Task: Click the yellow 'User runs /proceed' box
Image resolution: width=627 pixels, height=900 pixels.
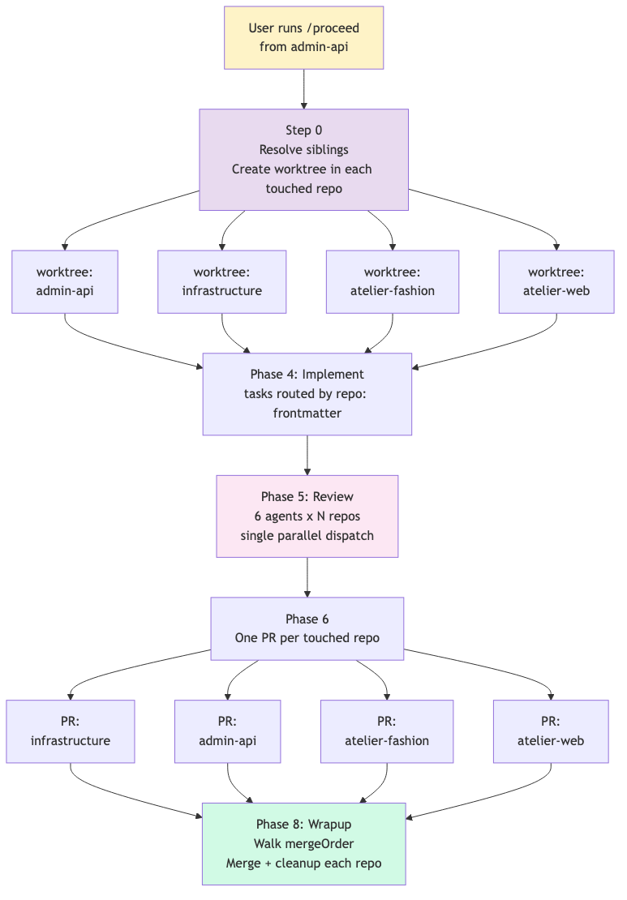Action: (303, 38)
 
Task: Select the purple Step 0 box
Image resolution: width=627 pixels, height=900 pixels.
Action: (303, 160)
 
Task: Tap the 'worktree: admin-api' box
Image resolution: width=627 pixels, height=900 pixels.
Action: (65, 282)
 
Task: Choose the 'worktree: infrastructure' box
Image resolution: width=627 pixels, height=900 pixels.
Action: (221, 282)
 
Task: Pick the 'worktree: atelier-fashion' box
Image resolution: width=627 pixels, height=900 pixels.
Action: (393, 282)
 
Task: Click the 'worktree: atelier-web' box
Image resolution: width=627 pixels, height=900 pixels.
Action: (556, 282)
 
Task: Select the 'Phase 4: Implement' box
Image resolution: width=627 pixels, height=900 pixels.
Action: (307, 394)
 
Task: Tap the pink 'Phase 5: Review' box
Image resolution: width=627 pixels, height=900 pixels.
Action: (307, 516)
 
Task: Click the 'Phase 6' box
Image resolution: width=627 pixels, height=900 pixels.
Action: (307, 628)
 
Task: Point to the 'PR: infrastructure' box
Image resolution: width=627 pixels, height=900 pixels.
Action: (71, 731)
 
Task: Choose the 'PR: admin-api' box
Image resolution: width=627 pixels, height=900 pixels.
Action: (227, 731)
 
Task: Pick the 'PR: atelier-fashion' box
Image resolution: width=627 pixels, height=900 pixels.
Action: (387, 731)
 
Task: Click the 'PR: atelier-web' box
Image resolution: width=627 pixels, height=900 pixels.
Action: (551, 731)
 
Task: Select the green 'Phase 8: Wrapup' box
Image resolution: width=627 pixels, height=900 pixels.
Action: (303, 844)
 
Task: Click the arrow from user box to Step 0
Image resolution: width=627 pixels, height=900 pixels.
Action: (303, 89)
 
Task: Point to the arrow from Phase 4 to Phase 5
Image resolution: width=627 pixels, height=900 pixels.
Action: (307, 455)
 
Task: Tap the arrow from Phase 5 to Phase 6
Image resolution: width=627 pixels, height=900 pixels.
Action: (307, 577)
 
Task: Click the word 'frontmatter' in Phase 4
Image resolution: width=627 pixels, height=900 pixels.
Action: (307, 414)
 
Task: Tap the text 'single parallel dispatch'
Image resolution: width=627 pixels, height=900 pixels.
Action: (307, 535)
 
